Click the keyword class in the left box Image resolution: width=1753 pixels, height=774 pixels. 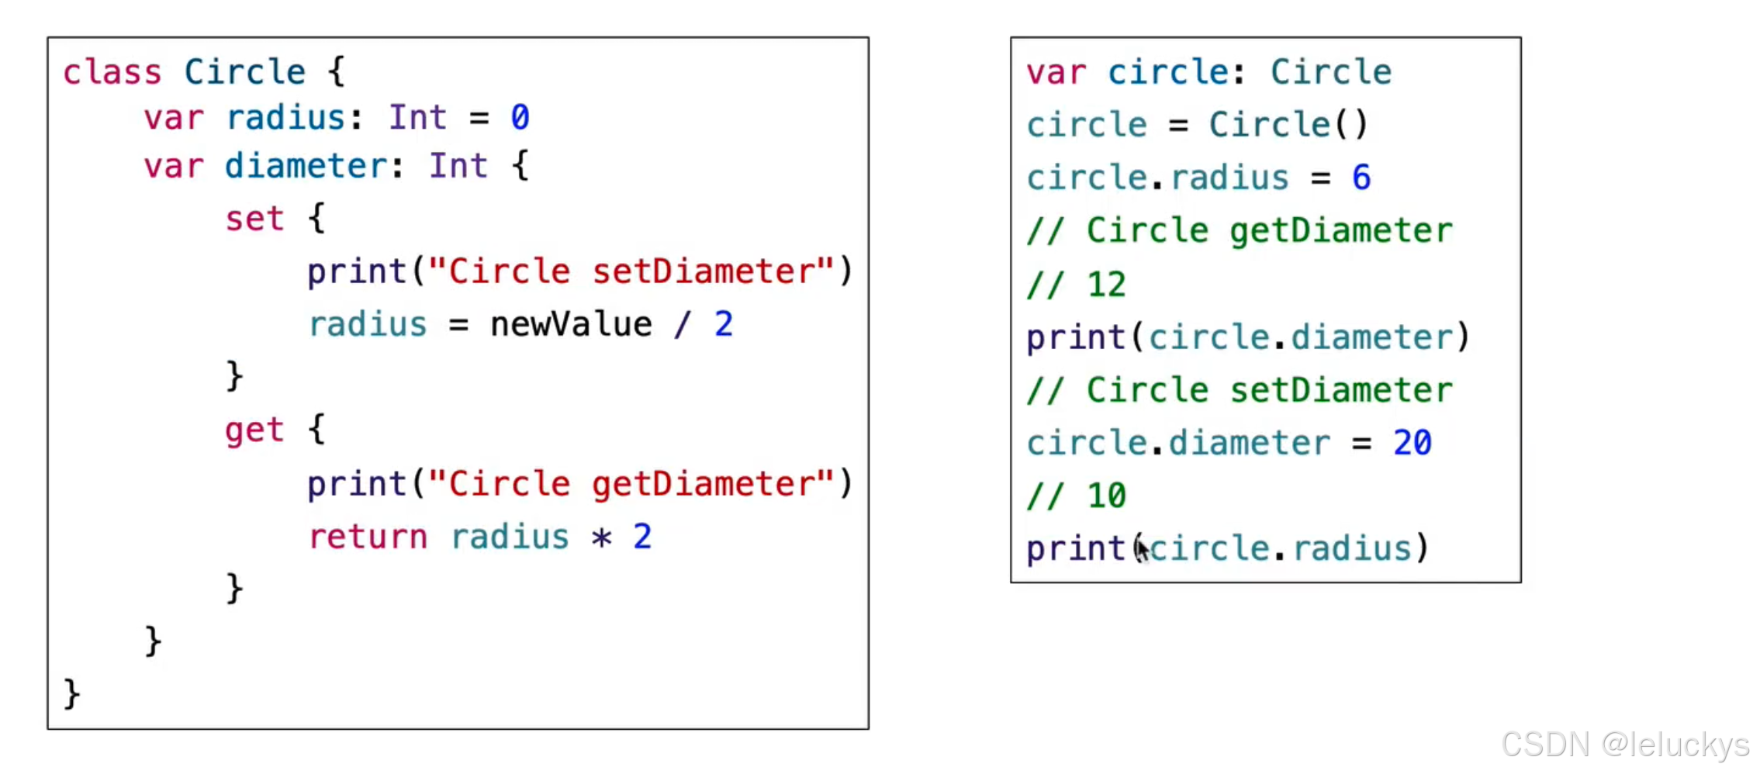[112, 73]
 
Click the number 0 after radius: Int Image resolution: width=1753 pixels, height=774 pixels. [520, 118]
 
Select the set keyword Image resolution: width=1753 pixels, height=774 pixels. [254, 219]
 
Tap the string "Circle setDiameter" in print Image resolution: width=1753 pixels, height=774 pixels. [631, 271]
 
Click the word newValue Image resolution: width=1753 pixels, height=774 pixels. [571, 324]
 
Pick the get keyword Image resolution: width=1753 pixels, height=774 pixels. [254, 430]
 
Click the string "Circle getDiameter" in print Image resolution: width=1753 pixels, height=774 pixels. [631, 484]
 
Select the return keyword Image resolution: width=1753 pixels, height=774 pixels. [368, 537]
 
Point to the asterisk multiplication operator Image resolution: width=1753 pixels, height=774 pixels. [601, 537]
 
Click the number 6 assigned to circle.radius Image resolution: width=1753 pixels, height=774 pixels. [1361, 178]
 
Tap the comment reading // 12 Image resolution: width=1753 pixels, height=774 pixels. [1076, 285]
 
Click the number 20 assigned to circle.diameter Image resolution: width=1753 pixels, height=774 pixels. [1412, 444]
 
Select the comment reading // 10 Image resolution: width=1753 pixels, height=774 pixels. [1076, 496]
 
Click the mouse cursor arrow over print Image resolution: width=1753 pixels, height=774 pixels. [1143, 550]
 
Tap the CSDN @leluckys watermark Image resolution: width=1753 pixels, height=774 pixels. [1624, 745]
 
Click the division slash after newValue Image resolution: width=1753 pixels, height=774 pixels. [682, 324]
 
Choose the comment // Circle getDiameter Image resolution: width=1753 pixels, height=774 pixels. [1239, 231]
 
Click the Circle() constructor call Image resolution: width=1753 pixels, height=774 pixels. [1288, 125]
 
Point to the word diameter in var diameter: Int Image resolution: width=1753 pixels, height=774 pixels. [306, 167]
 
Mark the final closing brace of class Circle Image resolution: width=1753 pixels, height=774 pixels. [72, 693]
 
